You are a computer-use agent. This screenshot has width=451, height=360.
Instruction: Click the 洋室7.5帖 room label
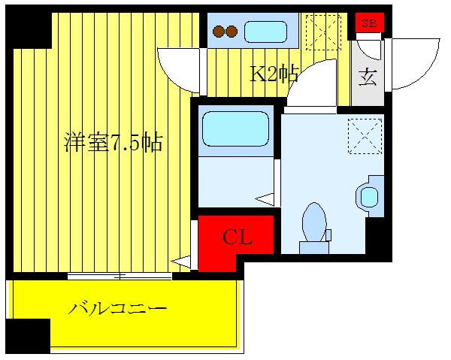114,143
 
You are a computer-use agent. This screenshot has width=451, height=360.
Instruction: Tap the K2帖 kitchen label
274,73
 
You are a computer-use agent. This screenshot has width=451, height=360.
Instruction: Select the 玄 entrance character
368,77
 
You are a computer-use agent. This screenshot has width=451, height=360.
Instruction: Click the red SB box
369,23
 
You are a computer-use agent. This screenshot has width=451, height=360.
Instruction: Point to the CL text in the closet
238,238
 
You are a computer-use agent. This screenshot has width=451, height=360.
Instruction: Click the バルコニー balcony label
117,308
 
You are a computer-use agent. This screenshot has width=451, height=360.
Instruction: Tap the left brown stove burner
219,32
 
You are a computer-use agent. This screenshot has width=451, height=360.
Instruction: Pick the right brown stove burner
232,32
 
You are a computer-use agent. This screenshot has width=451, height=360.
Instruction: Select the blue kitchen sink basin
266,32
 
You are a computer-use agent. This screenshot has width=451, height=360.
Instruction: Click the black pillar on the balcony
27,336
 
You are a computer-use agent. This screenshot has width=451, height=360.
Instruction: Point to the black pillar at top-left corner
31,28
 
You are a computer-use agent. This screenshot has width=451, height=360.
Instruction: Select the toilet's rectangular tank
314,247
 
